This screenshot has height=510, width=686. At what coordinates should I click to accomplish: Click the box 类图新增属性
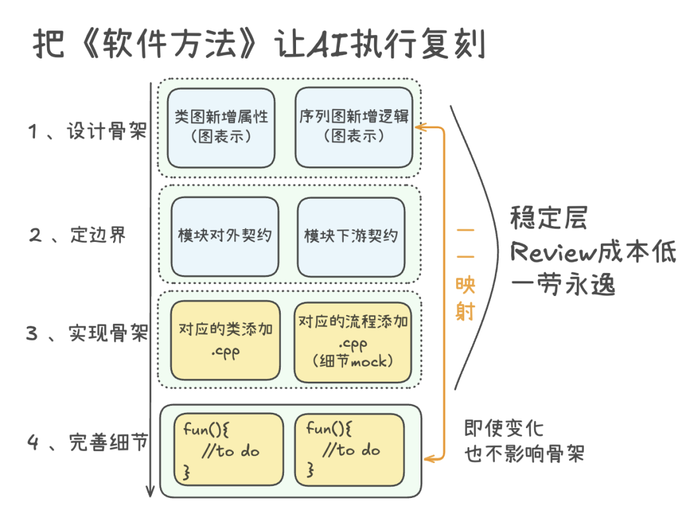(221, 127)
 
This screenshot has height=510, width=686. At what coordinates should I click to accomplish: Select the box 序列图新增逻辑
(354, 127)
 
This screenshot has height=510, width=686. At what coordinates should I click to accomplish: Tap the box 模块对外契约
(225, 236)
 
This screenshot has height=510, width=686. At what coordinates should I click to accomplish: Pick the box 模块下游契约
(351, 236)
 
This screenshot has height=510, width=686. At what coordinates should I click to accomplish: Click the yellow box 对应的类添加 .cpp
(225, 340)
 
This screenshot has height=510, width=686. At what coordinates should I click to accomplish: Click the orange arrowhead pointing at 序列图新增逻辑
(420, 128)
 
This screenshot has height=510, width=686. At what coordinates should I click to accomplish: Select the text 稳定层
(549, 218)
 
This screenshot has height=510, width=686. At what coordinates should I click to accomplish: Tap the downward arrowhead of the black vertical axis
(151, 490)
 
